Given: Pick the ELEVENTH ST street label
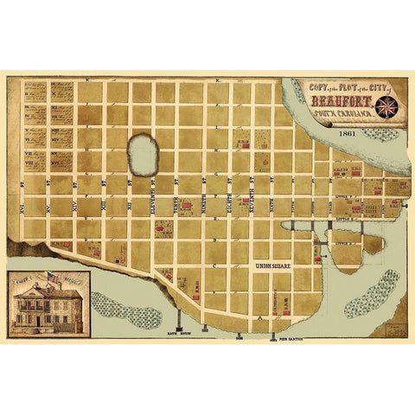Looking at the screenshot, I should click(157, 190).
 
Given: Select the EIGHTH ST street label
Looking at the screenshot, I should click(227, 190).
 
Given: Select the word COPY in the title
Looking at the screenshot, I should click(303, 86).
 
